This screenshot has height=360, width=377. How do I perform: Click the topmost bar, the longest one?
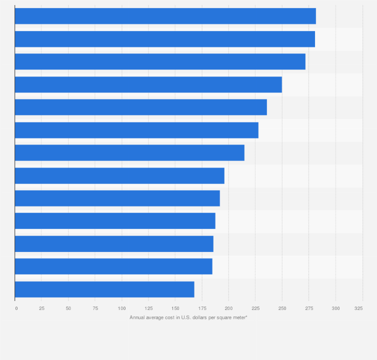165,16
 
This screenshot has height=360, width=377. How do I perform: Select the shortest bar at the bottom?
104,289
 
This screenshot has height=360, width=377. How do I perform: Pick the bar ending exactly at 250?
148,84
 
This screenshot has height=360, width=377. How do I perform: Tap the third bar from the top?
160,61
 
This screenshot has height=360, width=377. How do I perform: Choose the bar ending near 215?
129,152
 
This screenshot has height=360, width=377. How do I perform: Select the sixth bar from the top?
136,130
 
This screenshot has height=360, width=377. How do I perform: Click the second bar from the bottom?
113,266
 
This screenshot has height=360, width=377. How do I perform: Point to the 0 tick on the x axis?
16,308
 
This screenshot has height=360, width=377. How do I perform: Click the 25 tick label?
41,308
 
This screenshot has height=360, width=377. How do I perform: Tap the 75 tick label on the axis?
95,308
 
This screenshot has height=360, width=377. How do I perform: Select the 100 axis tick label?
121,308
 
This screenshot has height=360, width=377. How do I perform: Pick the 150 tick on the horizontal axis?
175,308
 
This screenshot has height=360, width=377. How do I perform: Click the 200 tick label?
228,308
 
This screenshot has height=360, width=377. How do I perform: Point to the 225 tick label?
255,308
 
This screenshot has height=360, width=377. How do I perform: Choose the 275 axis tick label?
308,308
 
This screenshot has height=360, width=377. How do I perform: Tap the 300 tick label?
335,308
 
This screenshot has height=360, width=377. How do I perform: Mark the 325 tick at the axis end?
359,308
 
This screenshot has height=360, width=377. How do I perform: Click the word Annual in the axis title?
137,317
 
